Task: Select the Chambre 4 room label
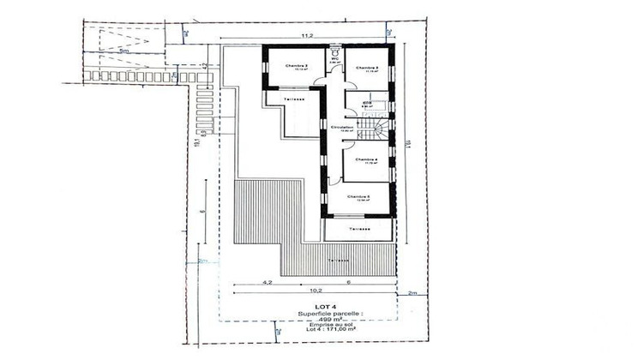(x=366, y=159)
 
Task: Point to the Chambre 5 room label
(x=358, y=196)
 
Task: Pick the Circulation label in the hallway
(x=342, y=127)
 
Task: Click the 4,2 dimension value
(x=267, y=282)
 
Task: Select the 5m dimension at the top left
(x=125, y=51)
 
